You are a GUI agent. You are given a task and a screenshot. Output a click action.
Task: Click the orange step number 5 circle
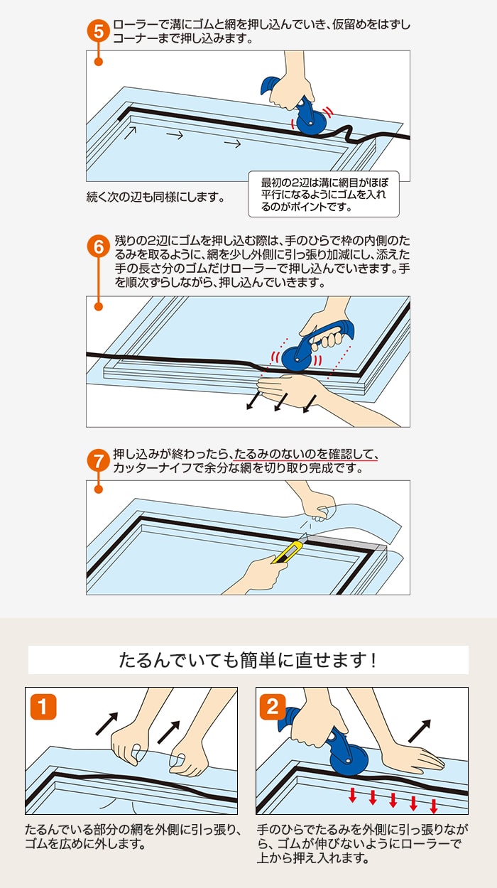click(x=98, y=31)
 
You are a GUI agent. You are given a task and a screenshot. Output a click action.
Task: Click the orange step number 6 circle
click(x=98, y=247)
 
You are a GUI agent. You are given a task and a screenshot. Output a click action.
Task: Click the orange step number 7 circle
click(x=98, y=460)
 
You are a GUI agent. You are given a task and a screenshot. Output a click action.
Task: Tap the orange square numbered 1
click(x=43, y=706)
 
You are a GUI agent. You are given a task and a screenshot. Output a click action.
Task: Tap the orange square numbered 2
click(x=273, y=706)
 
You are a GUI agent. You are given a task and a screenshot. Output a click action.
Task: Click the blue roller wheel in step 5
click(x=312, y=122)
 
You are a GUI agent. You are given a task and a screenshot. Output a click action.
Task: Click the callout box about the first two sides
click(x=324, y=194)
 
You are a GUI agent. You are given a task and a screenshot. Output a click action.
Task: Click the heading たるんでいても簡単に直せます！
click(x=248, y=660)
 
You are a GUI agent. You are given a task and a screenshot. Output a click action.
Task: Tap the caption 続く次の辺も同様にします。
click(x=155, y=197)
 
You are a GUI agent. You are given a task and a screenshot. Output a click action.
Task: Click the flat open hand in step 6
click(x=289, y=391)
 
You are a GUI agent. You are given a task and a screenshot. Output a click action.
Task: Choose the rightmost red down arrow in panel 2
click(x=434, y=806)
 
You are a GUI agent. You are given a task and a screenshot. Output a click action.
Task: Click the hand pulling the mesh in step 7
click(x=317, y=502)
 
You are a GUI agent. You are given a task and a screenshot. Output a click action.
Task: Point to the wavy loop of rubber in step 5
click(x=346, y=134)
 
